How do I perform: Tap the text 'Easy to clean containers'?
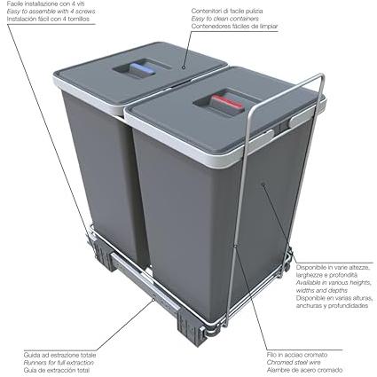pyautogui.click(x=224, y=19)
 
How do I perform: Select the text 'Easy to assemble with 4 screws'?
pyautogui.click(x=51, y=12)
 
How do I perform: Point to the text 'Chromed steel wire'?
pyautogui.click(x=294, y=362)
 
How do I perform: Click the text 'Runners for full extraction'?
pyautogui.click(x=59, y=362)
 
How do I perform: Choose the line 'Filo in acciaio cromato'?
pyautogui.click(x=297, y=355)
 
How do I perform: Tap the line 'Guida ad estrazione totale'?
pyautogui.click(x=59, y=355)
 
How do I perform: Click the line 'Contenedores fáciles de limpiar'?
pyautogui.click(x=234, y=27)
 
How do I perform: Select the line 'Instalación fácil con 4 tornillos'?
pyautogui.click(x=48, y=20)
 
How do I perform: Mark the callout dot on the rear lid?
pyautogui.click(x=184, y=67)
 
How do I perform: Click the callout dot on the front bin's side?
pyautogui.click(x=263, y=185)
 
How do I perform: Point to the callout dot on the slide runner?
pyautogui.click(x=153, y=300)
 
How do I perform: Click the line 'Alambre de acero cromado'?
pyautogui.click(x=304, y=370)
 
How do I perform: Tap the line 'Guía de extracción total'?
pyautogui.click(x=57, y=370)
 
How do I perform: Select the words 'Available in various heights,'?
pyautogui.click(x=334, y=283)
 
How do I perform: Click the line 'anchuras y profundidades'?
pyautogui.click(x=332, y=306)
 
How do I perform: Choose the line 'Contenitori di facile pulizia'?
pyautogui.click(x=227, y=11)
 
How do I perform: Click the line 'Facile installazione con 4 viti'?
pyautogui.click(x=47, y=4)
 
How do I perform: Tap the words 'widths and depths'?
pyautogui.click(x=322, y=290)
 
